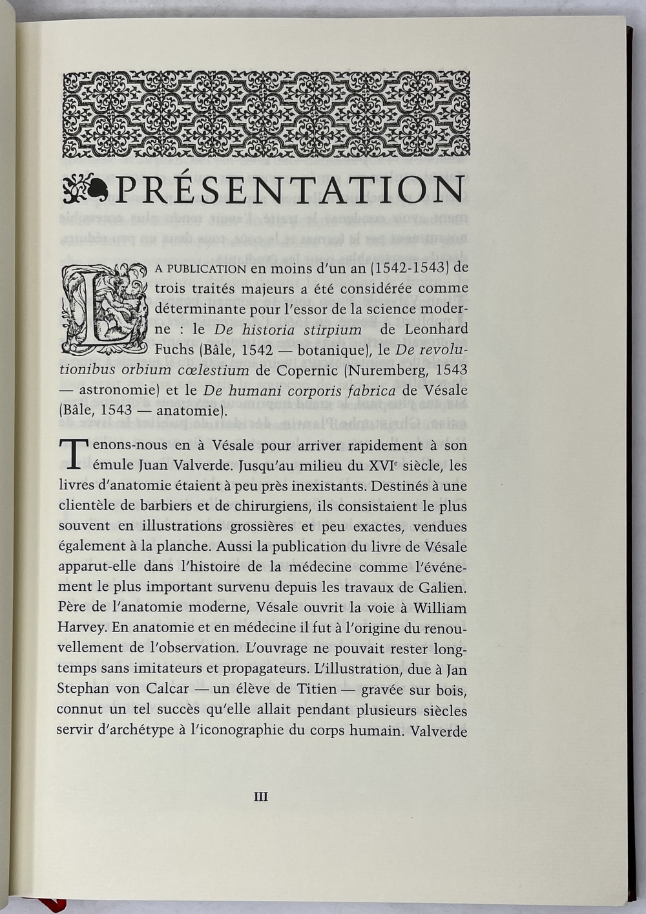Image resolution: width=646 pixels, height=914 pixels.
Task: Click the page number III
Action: click(x=260, y=797)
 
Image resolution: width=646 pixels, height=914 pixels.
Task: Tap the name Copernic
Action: click(x=307, y=370)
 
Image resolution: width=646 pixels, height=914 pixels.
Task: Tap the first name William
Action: click(x=440, y=608)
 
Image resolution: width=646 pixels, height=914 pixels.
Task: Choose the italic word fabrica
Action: click(x=370, y=390)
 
